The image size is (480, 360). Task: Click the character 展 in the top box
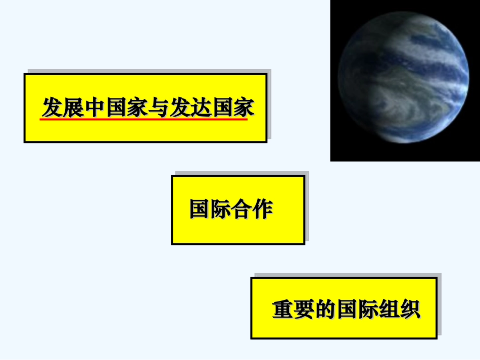click(x=73, y=107)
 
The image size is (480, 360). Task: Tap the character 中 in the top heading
click(x=94, y=107)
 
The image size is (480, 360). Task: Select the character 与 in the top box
click(x=158, y=107)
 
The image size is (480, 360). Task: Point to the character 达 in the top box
click(x=200, y=107)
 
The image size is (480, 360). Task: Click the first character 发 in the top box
click(x=52, y=107)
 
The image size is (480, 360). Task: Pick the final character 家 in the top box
click(x=243, y=107)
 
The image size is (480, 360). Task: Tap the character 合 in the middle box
click(x=242, y=209)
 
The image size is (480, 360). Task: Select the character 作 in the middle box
click(x=263, y=209)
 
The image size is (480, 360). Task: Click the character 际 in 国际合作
click(x=221, y=209)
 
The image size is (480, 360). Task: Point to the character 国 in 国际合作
click(x=200, y=209)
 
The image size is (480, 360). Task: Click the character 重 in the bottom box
click(x=283, y=310)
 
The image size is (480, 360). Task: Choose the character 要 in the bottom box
click(x=304, y=310)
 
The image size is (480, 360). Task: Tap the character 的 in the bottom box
click(x=325, y=310)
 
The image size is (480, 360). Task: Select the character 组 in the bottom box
click(x=389, y=310)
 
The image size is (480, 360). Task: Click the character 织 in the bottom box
click(x=410, y=310)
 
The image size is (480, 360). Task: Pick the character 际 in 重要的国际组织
click(x=367, y=310)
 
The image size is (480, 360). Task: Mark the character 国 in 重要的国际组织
click(x=347, y=310)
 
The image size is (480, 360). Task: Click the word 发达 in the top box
click(x=189, y=107)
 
